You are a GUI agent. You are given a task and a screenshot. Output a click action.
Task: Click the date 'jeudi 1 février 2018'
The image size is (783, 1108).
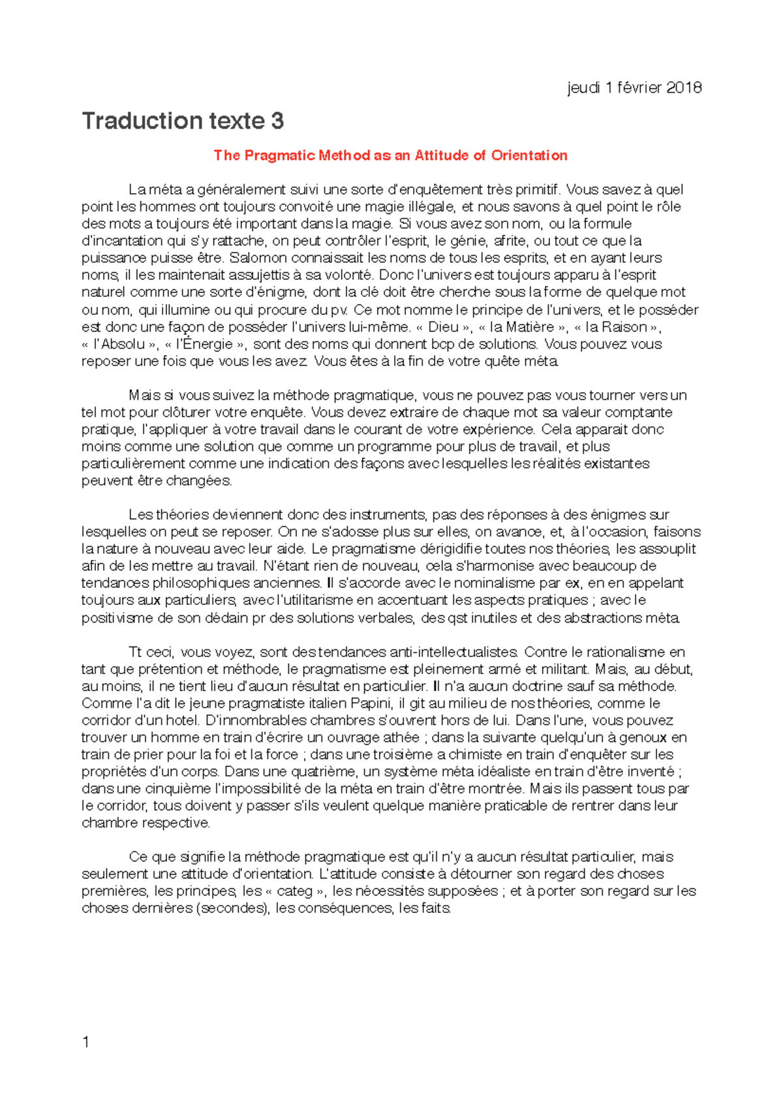pos(634,87)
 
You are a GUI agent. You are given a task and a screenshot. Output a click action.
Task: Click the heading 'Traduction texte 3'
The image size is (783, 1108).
pos(183,121)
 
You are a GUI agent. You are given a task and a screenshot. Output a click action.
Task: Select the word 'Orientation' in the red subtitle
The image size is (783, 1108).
pos(529,155)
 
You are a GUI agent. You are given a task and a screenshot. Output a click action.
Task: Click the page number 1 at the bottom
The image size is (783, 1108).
pos(85,1042)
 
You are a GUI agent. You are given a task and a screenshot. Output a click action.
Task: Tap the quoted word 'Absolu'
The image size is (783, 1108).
pos(121,344)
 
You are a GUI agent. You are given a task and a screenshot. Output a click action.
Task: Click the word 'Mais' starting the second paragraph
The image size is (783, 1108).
pos(144,395)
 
